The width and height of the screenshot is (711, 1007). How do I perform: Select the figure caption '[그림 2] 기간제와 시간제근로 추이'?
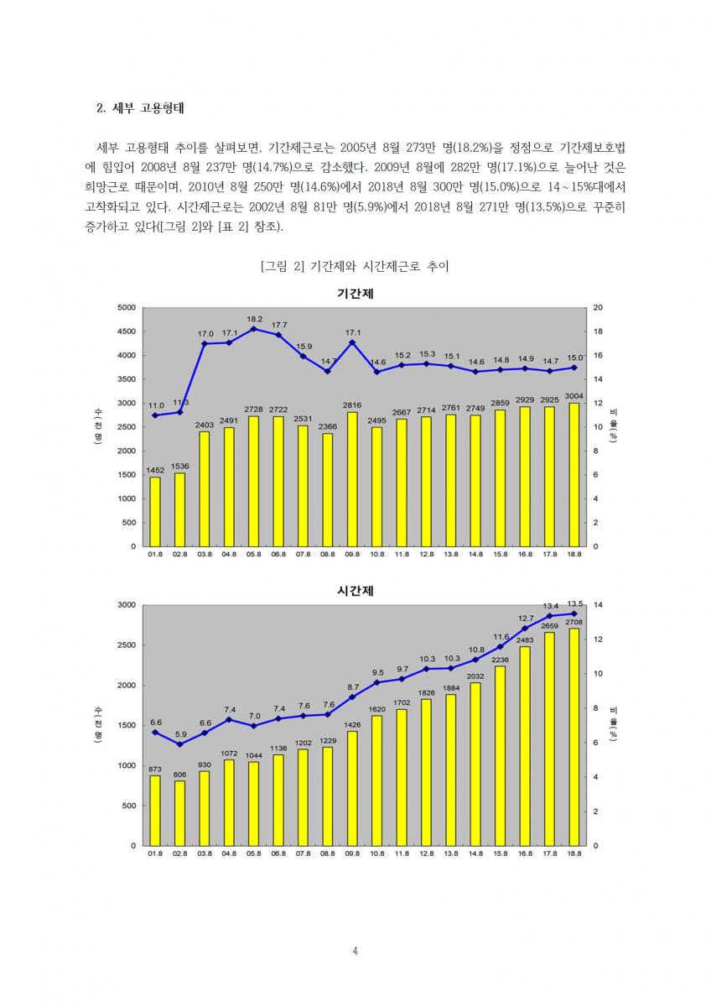pyautogui.click(x=355, y=267)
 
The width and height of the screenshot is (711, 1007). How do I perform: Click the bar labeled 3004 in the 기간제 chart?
pyautogui.click(x=574, y=474)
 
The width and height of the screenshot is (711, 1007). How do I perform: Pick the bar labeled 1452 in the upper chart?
pyautogui.click(x=155, y=511)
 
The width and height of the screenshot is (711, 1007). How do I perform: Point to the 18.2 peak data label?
pyautogui.click(x=255, y=319)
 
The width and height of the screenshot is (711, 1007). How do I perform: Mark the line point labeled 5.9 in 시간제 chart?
pyautogui.click(x=179, y=744)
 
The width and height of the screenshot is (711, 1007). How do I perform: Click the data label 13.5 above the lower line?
pyautogui.click(x=575, y=603)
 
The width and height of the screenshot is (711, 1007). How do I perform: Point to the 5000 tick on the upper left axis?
pyautogui.click(x=126, y=307)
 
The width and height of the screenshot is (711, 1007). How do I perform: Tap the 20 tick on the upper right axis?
pyautogui.click(x=597, y=307)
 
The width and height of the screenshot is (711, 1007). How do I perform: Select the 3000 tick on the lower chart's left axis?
pyautogui.click(x=126, y=604)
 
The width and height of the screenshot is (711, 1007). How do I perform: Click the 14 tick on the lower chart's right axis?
pyautogui.click(x=597, y=604)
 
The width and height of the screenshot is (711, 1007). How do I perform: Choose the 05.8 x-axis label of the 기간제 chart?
pyautogui.click(x=253, y=555)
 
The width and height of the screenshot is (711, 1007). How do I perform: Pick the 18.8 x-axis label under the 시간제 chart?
pyautogui.click(x=574, y=853)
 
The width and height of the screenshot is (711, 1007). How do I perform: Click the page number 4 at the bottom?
pyautogui.click(x=355, y=951)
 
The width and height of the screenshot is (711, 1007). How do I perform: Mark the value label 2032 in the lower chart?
pyautogui.click(x=475, y=676)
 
